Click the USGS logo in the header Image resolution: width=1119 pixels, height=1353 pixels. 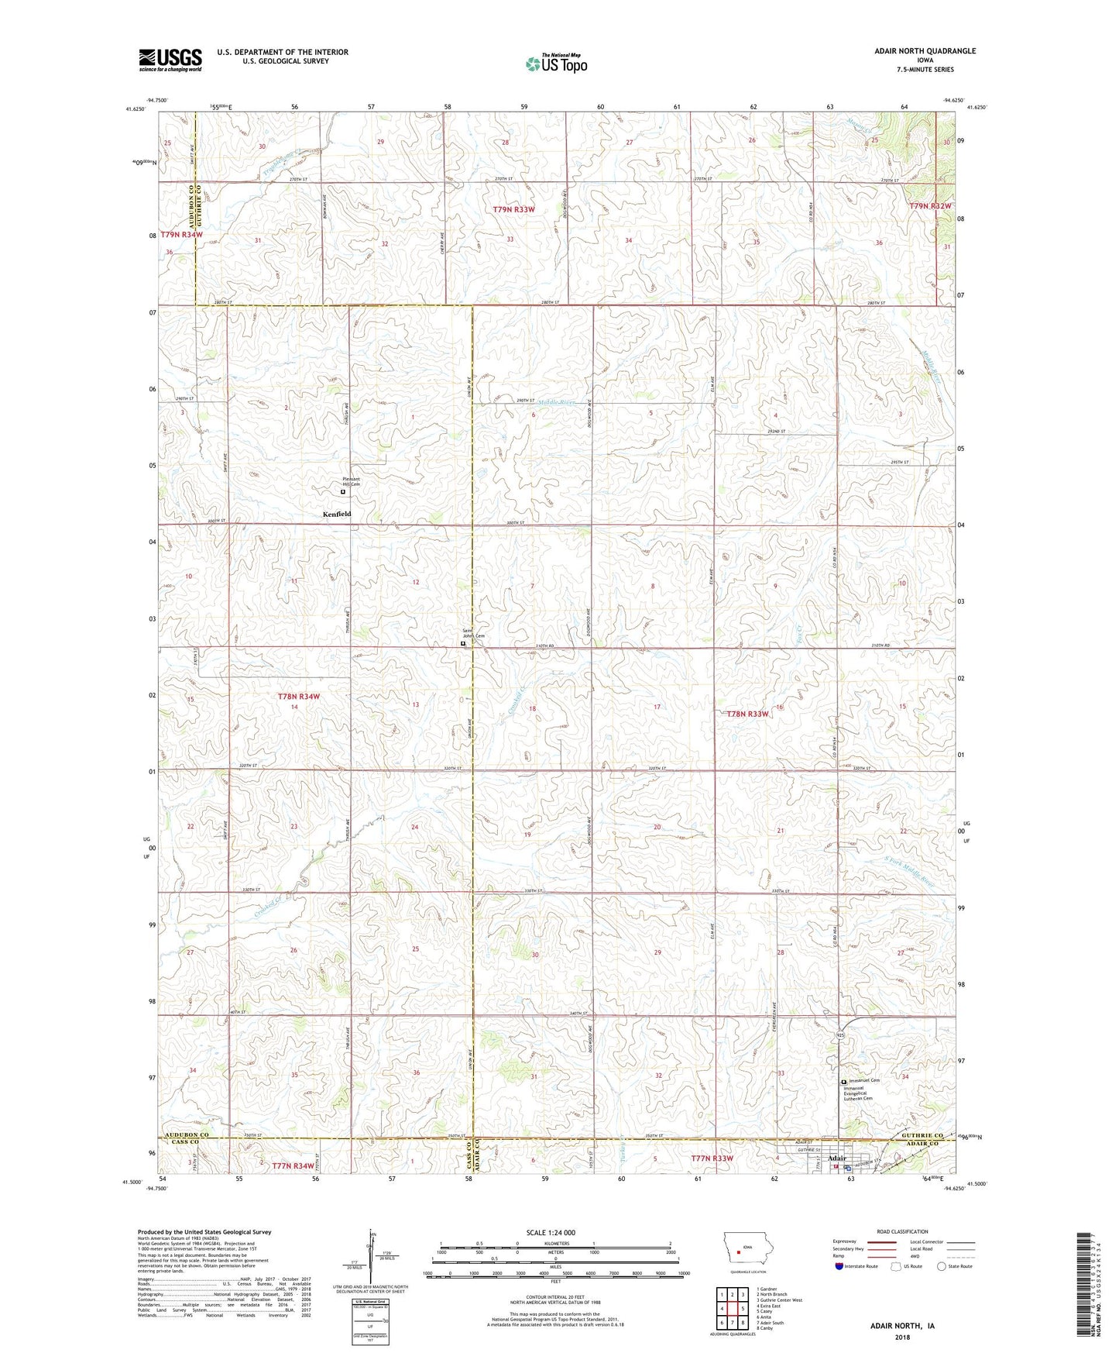point(170,59)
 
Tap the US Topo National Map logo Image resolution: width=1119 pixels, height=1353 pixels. point(556,64)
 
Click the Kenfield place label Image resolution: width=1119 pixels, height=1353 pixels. point(337,514)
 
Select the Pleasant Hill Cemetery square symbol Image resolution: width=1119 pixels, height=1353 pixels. point(343,491)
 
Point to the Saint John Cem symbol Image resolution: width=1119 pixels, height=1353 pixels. point(463,643)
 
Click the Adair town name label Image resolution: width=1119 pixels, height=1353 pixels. point(837,1158)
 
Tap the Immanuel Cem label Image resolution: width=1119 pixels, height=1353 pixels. point(864,1080)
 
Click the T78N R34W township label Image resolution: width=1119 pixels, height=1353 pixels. point(298,697)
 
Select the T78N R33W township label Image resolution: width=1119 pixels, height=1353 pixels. point(747,714)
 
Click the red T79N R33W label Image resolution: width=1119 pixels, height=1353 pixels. point(513,209)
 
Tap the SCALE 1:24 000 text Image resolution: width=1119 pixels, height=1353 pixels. point(550,1232)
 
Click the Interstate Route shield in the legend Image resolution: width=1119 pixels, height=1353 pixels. point(839,1265)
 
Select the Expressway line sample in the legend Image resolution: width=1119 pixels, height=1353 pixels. point(881,1242)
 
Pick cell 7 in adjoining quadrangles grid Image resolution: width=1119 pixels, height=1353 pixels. point(732,1323)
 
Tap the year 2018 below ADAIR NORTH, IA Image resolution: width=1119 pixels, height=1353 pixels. point(902,1338)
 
